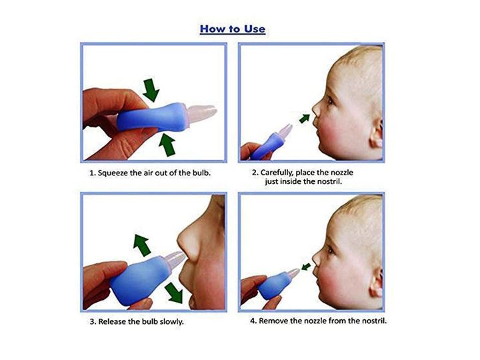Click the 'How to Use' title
[x=232, y=29]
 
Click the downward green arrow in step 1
[x=152, y=89]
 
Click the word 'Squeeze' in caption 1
[x=117, y=173]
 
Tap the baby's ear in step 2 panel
[x=375, y=134]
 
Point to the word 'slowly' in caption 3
[x=171, y=321]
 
